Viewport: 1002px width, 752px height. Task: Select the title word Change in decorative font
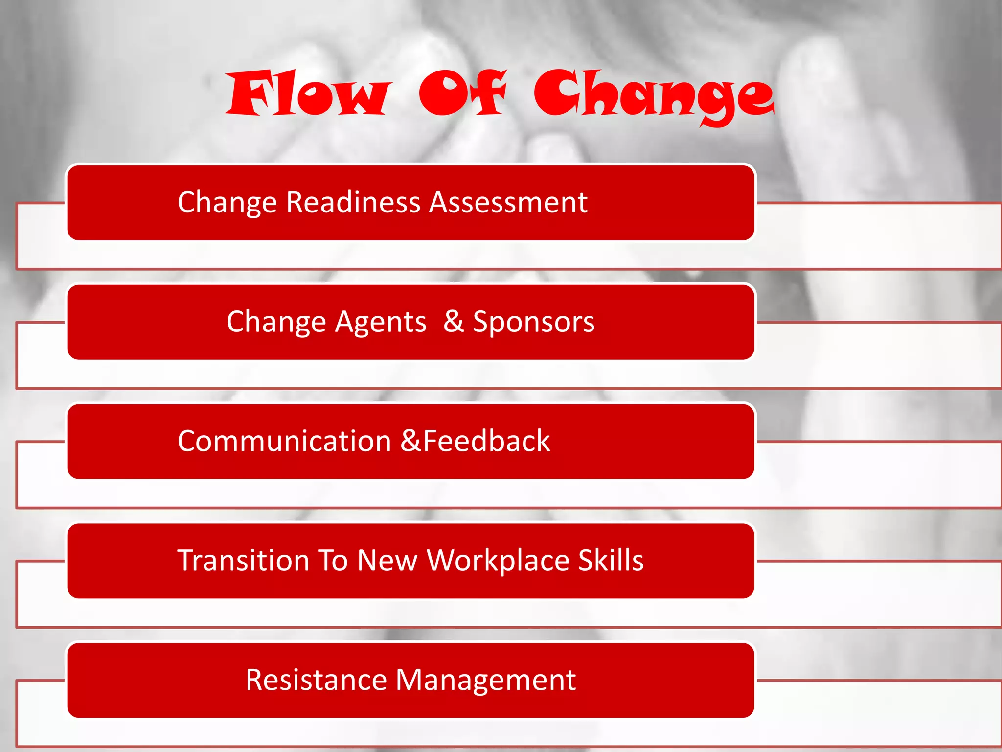pyautogui.click(x=654, y=95)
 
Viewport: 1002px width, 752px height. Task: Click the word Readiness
pyautogui.click(x=353, y=202)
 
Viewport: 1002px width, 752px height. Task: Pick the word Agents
pyautogui.click(x=381, y=322)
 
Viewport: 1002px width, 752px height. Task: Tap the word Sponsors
pyautogui.click(x=533, y=322)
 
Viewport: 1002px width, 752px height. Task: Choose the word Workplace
pyautogui.click(x=498, y=561)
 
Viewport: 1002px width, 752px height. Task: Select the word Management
pyautogui.click(x=485, y=681)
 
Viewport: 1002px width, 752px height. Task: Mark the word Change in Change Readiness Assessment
pyautogui.click(x=227, y=203)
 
